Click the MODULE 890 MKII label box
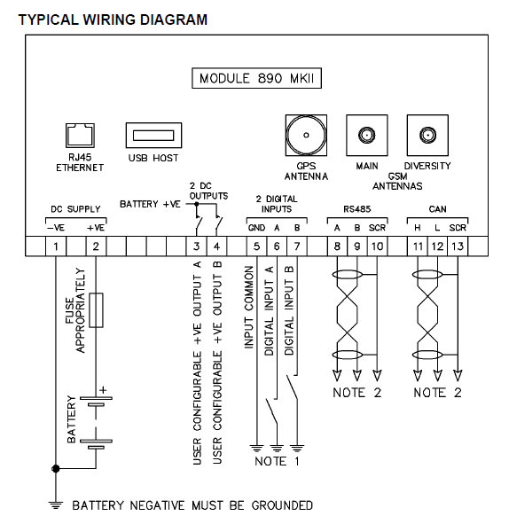[257, 78]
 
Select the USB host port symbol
[153, 137]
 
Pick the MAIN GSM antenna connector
[365, 136]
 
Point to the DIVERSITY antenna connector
[427, 136]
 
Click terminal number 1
[56, 246]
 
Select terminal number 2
[96, 246]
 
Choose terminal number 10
[376, 246]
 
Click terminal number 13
[458, 246]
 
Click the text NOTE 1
[277, 462]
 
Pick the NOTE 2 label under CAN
[436, 392]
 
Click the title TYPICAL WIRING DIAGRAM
[113, 19]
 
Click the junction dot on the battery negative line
[56, 467]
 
